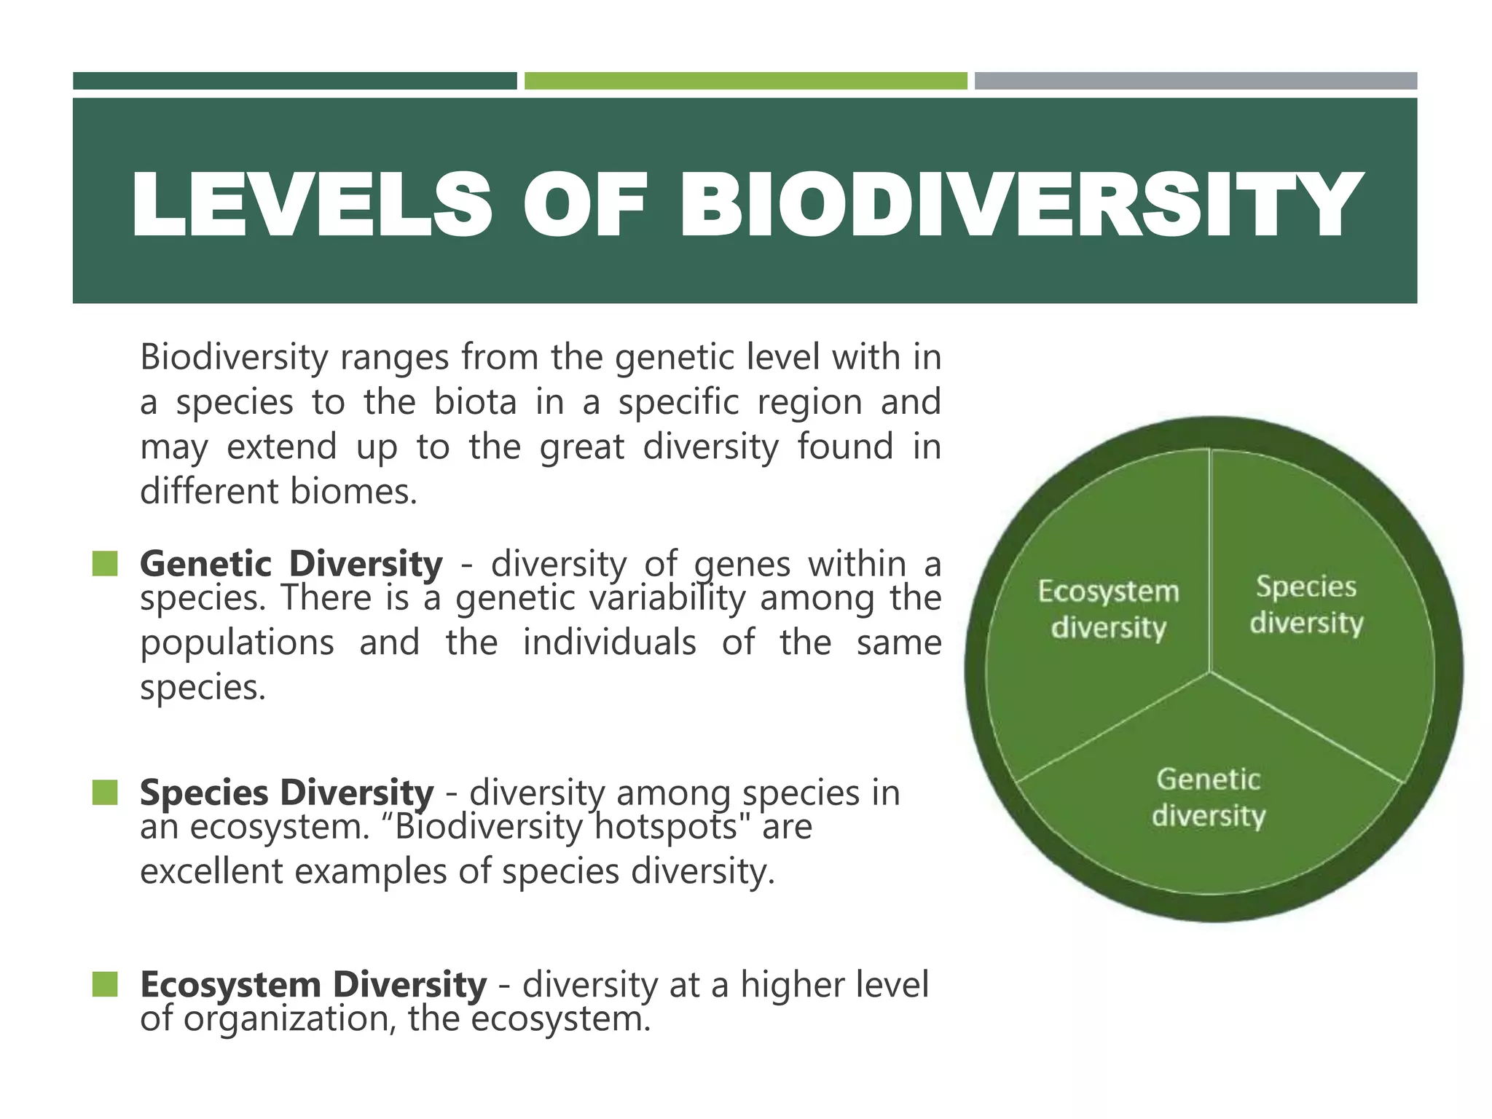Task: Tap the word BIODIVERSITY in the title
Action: (x=1020, y=205)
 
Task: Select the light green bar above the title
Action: (x=745, y=81)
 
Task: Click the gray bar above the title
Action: (x=1195, y=81)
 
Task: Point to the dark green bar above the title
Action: (x=294, y=81)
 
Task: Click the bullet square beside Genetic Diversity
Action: (x=105, y=564)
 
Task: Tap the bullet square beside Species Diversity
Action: (x=105, y=793)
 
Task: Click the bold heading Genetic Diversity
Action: (x=291, y=564)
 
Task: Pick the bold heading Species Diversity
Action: (x=286, y=793)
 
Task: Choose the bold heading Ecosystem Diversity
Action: (x=313, y=984)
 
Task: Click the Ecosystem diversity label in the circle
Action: (x=1108, y=609)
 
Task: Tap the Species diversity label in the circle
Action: (x=1306, y=605)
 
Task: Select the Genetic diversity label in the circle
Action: (x=1209, y=797)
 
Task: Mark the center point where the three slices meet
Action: (x=1210, y=672)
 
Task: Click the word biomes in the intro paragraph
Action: (x=353, y=492)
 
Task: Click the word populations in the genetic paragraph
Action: (x=237, y=643)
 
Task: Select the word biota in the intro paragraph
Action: (x=476, y=402)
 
